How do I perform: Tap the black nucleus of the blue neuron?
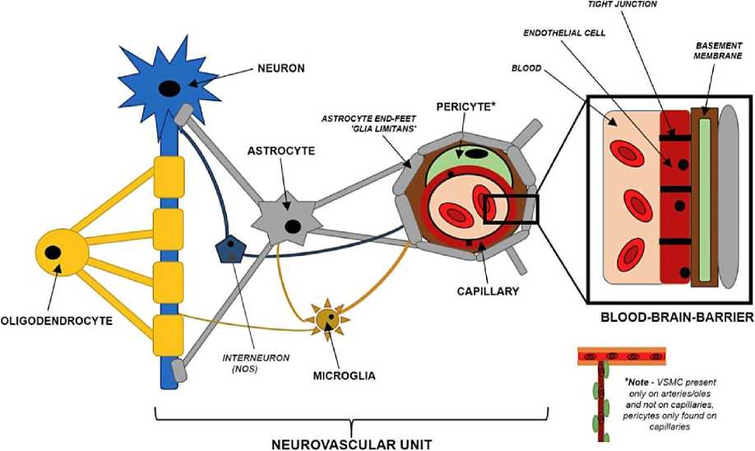click(x=170, y=87)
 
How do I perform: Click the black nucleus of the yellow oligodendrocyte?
click(x=53, y=252)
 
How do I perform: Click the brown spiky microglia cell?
click(x=327, y=317)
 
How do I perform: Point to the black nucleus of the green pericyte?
click(x=474, y=154)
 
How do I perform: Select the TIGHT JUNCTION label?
click(x=622, y=5)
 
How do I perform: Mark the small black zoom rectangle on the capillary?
click(x=510, y=209)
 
